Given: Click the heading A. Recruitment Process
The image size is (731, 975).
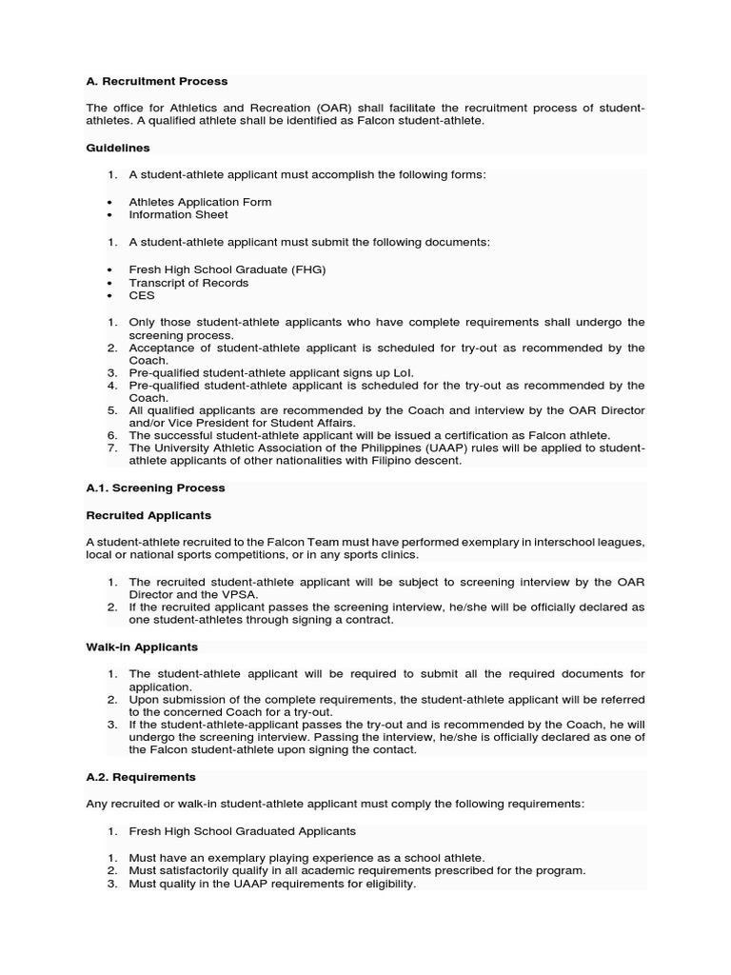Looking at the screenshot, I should pyautogui.click(x=157, y=82).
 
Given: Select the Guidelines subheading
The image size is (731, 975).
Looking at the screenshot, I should pyautogui.click(x=118, y=149).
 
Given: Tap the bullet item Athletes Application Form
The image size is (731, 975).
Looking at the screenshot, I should pyautogui.click(x=200, y=202).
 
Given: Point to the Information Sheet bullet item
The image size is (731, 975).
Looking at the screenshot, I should pyautogui.click(x=178, y=215).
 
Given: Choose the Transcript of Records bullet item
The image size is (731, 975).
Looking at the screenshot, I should pyautogui.click(x=188, y=283).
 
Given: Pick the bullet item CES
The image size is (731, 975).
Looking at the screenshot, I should pyautogui.click(x=141, y=296).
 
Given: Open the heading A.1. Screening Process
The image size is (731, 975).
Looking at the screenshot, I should pyautogui.click(x=155, y=488).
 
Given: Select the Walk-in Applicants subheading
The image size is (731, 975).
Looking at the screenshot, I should pyautogui.click(x=142, y=647).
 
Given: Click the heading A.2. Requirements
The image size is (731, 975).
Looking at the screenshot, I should pyautogui.click(x=141, y=777).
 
